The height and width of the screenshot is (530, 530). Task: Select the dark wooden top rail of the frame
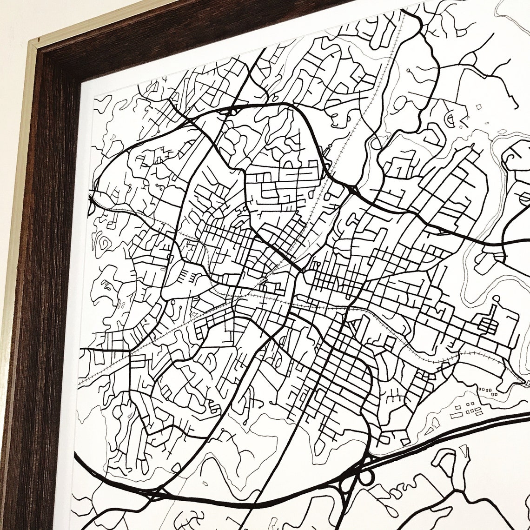coord(186,28)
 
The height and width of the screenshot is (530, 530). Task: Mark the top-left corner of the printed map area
coord(95,97)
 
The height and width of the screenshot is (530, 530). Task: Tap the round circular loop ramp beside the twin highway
coord(367,477)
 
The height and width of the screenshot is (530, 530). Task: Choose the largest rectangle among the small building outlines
coord(476,411)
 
